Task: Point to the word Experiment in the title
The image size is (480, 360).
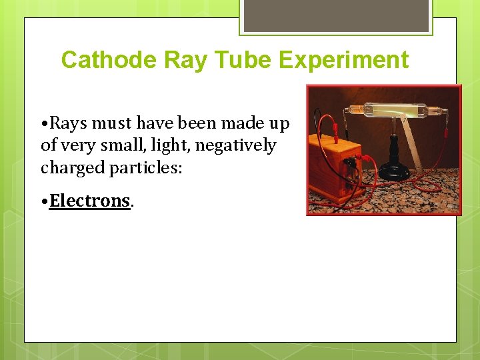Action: click(343, 60)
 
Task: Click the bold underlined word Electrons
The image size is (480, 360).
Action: click(89, 201)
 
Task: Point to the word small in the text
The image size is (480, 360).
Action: click(129, 145)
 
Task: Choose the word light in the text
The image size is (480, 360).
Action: click(172, 145)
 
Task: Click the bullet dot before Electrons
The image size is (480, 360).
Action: click(44, 201)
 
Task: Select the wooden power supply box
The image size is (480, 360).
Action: click(339, 170)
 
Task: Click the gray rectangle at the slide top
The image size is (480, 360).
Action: click(335, 15)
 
